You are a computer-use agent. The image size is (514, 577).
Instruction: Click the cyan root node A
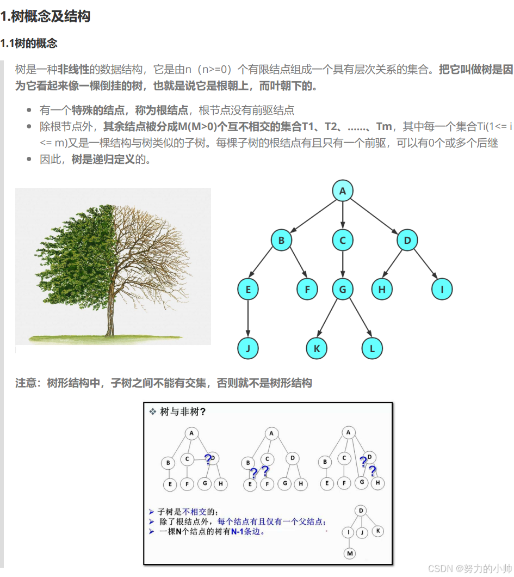click(343, 191)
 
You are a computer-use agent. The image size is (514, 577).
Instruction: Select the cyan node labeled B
click(281, 240)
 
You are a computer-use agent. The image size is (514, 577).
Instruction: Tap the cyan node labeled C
click(343, 240)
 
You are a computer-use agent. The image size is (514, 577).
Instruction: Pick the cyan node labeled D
click(407, 240)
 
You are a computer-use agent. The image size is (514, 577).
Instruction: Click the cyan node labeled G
click(343, 290)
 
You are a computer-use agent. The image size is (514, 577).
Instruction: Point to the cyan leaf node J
click(248, 348)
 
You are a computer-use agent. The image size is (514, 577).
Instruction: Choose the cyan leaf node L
click(373, 348)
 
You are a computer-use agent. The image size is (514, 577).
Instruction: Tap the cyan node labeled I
click(442, 290)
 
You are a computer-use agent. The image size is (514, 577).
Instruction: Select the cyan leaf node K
click(317, 348)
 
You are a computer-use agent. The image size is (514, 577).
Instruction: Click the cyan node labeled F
click(307, 290)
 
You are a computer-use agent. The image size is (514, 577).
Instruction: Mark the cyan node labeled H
click(382, 290)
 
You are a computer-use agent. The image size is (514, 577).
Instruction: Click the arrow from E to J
click(248, 319)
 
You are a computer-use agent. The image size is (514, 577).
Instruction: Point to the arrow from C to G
click(343, 265)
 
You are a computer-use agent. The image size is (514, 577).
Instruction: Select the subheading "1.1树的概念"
click(29, 43)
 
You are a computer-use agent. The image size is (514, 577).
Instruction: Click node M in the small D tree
click(350, 554)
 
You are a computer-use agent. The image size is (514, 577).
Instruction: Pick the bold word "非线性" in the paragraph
click(73, 69)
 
